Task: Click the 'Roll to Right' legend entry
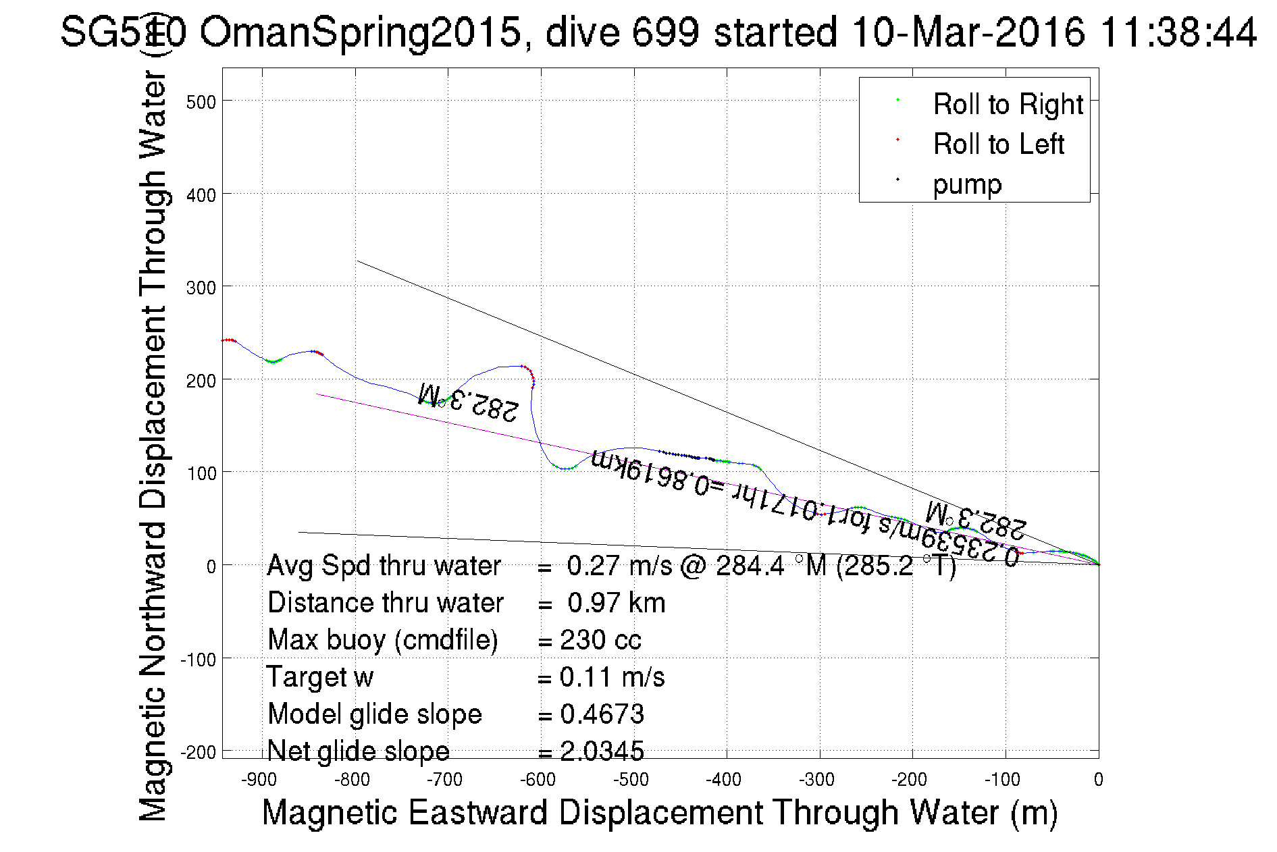tap(1008, 105)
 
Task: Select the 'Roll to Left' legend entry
tap(998, 144)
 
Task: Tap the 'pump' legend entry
tap(967, 184)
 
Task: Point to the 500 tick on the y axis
tap(201, 102)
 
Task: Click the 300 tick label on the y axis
tap(201, 288)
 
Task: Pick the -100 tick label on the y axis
tap(199, 659)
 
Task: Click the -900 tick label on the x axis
tap(259, 780)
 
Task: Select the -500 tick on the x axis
tap(631, 780)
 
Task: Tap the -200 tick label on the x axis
tap(909, 780)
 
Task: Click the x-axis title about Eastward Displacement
tap(659, 812)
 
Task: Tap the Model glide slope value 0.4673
tap(602, 714)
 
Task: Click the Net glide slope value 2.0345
tap(602, 751)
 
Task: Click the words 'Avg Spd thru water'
tap(384, 566)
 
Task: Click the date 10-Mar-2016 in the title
tap(968, 32)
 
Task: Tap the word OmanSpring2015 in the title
tap(361, 32)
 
